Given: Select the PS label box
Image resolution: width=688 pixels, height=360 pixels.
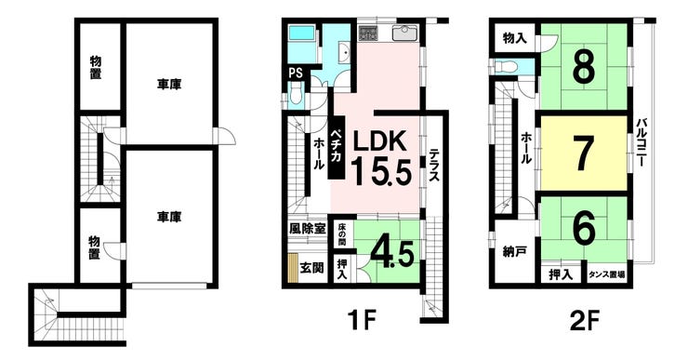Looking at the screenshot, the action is [x=296, y=73].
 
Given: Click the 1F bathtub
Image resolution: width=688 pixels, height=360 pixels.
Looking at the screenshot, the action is [x=302, y=33].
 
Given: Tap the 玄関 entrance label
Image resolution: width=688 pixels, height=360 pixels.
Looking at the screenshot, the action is [x=311, y=267].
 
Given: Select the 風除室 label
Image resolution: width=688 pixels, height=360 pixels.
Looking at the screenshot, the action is [x=307, y=228].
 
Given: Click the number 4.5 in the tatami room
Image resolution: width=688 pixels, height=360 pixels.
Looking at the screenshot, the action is [x=392, y=254].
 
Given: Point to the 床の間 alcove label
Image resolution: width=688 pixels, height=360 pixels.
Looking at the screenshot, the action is [x=342, y=234].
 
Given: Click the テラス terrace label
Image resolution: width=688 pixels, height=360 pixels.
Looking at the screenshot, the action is [x=434, y=165].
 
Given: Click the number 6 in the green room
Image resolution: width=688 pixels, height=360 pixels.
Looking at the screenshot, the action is [x=584, y=229].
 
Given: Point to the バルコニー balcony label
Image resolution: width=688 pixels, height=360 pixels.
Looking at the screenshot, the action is [x=642, y=141].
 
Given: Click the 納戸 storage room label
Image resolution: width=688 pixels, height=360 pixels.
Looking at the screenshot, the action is [x=514, y=252].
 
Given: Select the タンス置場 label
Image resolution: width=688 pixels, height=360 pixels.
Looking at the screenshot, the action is [x=607, y=274].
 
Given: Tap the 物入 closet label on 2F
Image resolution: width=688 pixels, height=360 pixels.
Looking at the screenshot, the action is [x=515, y=39].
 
